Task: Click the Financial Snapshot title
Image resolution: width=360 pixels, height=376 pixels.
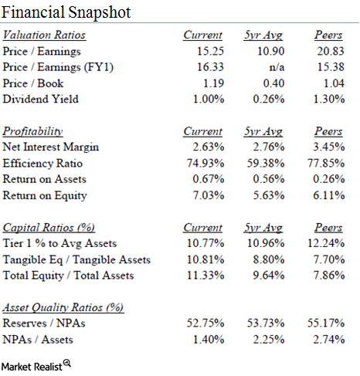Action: (x=66, y=12)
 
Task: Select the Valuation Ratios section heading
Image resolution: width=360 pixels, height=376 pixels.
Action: (x=44, y=35)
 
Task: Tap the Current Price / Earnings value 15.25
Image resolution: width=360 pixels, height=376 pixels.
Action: (x=210, y=51)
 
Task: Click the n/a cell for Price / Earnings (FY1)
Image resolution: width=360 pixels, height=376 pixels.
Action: (x=277, y=67)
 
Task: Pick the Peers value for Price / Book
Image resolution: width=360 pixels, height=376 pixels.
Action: (x=334, y=83)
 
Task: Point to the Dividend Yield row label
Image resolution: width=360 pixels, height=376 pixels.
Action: (x=40, y=99)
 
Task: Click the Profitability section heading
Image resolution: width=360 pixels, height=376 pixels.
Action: (x=32, y=131)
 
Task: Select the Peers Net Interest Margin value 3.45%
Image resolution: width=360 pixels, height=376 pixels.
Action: (x=329, y=147)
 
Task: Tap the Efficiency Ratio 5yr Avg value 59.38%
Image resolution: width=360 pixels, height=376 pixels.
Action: (x=266, y=163)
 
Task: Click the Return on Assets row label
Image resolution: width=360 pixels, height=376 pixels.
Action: (x=44, y=179)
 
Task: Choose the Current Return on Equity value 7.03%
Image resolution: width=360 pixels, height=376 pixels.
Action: (x=209, y=195)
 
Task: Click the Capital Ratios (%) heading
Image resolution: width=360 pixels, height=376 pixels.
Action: (x=49, y=228)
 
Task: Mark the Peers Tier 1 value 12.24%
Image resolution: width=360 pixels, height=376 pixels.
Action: (x=326, y=243)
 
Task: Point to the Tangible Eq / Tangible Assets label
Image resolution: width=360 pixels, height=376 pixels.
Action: (x=76, y=259)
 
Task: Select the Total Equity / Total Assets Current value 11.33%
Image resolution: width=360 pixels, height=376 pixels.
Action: (x=205, y=276)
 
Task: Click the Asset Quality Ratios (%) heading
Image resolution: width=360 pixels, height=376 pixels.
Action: (x=63, y=307)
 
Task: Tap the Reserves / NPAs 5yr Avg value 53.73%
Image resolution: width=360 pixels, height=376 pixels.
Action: (x=266, y=323)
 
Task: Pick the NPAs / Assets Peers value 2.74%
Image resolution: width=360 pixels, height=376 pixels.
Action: (x=329, y=340)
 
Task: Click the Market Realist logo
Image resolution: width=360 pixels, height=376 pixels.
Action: (x=36, y=366)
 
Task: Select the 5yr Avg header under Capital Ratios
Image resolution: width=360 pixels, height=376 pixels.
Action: (x=263, y=228)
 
